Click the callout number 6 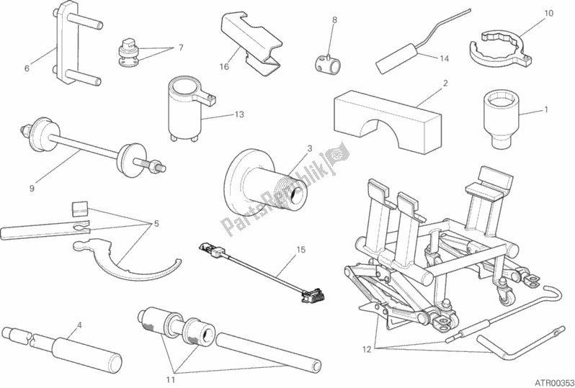tap(27, 69)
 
